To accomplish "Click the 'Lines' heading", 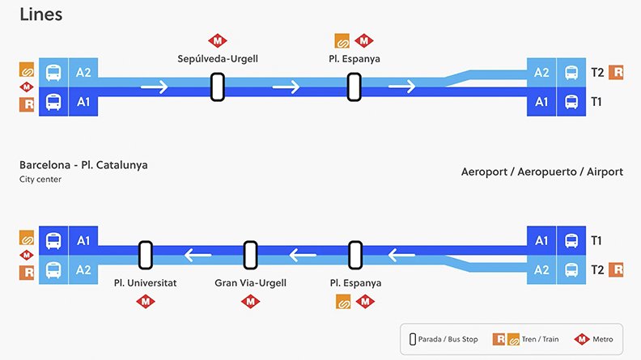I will pos(40,15).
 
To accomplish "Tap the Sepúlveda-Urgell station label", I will pos(217,59).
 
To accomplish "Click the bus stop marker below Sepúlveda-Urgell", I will pos(217,87).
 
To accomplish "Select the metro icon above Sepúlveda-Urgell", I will pos(217,40).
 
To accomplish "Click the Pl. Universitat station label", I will pos(146,283).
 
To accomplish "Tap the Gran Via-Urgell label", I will pos(251,283).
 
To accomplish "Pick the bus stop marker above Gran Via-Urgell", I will pos(251,255).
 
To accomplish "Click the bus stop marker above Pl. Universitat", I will pos(146,255).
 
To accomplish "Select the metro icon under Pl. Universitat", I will pos(146,302).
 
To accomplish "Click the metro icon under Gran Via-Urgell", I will pos(251,302).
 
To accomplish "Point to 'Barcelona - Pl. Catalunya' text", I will pos(83,165).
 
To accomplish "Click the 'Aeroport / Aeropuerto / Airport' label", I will pos(542,172).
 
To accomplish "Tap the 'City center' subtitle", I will pos(40,179).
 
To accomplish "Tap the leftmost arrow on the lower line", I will pos(198,256).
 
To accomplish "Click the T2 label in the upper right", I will pos(597,72).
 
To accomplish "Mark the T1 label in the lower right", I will pos(597,240).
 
